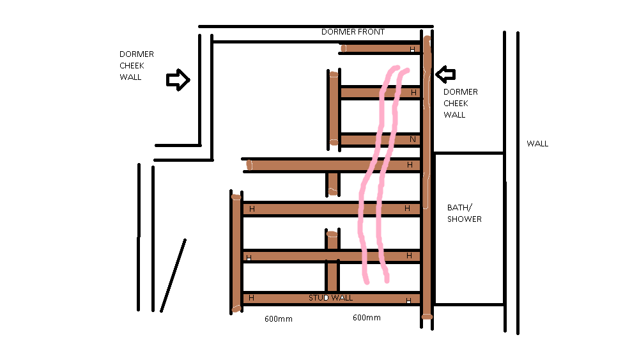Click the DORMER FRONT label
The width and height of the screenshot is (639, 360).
tap(353, 32)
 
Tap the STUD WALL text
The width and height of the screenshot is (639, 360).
tap(330, 297)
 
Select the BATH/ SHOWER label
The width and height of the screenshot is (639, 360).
tap(464, 213)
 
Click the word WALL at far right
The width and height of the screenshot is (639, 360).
tap(537, 143)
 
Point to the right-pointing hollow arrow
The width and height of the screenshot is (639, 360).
tap(178, 79)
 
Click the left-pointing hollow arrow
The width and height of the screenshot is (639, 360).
tap(445, 74)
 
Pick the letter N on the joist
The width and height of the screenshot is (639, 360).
tap(413, 139)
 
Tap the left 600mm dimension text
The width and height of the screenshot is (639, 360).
tap(279, 319)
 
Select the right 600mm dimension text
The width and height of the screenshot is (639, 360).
tap(367, 318)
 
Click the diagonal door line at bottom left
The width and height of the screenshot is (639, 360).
tap(173, 276)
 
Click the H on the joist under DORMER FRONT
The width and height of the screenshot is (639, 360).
tap(412, 49)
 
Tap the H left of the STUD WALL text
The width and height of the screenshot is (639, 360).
tap(251, 298)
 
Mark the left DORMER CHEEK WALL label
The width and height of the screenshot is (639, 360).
tap(137, 66)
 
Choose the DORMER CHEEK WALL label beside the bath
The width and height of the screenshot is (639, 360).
tap(461, 103)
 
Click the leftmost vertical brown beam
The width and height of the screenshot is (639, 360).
tap(236, 254)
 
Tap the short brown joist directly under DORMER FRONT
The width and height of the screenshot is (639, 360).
tap(381, 49)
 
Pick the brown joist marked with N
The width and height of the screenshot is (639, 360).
tap(380, 140)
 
